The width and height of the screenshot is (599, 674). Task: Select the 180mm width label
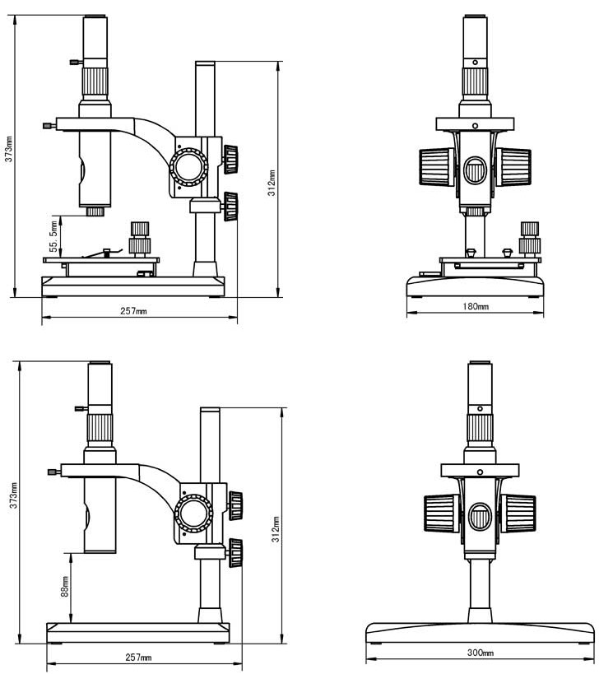(476, 307)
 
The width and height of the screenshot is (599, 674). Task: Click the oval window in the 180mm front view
(475, 171)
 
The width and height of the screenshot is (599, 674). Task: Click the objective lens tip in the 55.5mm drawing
(95, 211)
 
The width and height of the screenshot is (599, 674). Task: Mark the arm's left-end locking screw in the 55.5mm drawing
(49, 126)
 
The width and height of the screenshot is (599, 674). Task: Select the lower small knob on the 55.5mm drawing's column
(231, 206)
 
